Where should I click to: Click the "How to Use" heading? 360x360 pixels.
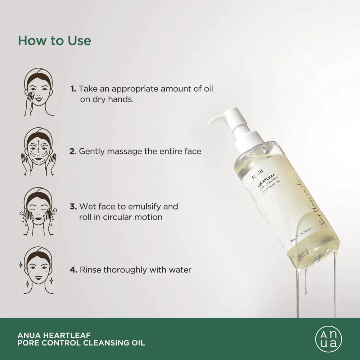(x=54, y=40)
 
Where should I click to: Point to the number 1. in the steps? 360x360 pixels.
(x=73, y=89)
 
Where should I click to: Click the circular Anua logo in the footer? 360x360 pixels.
(x=326, y=339)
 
